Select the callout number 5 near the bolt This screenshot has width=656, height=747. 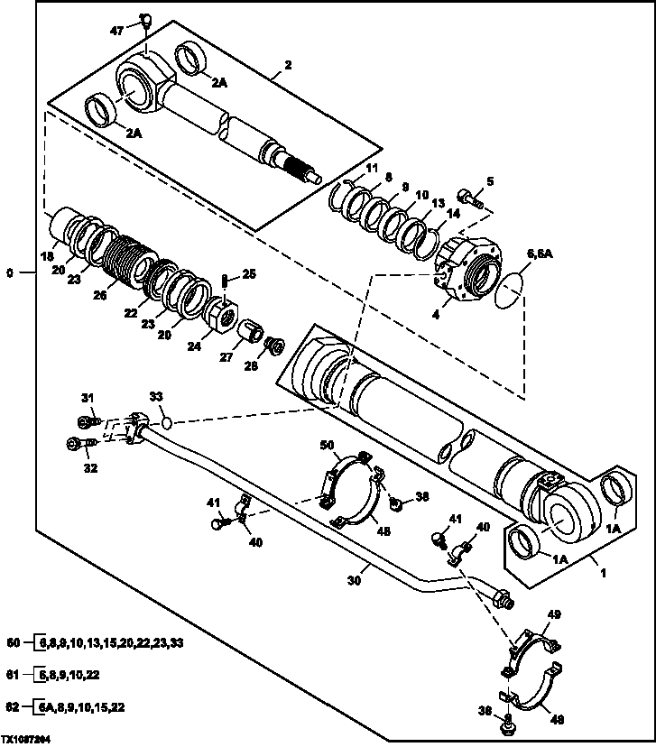click(x=490, y=181)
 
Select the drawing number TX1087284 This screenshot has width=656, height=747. click(x=31, y=737)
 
